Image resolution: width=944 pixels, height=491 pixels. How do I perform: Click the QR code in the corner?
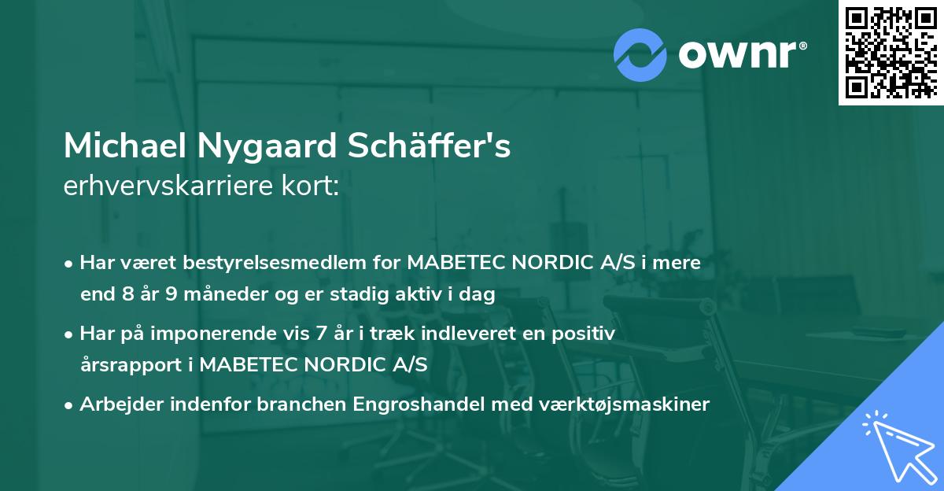point(891,53)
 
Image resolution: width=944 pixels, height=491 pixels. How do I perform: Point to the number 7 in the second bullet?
point(319,334)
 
